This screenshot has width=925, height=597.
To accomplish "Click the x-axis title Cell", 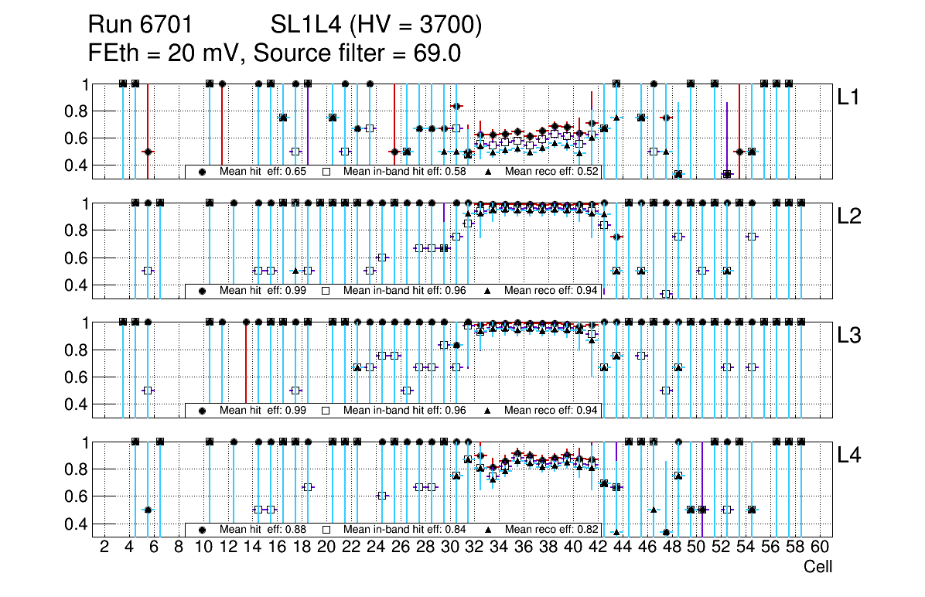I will point(817,567).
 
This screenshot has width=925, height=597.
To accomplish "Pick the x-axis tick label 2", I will point(104,548).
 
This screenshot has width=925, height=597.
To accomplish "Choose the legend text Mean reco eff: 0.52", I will point(551,172).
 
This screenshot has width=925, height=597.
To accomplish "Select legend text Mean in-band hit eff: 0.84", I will point(404,530).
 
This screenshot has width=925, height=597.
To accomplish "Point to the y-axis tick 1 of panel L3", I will point(86,322).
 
